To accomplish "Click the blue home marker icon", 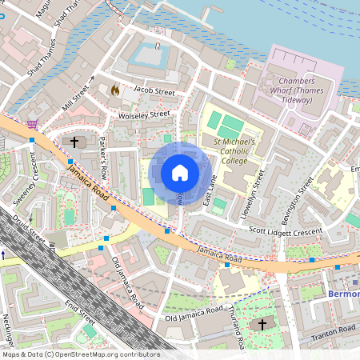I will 179,173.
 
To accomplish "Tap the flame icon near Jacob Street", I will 114,90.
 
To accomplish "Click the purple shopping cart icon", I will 31,124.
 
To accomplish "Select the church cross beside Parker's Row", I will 74,142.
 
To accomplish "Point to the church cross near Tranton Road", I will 262,324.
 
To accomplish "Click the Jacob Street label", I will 154,92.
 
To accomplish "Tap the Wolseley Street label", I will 144,114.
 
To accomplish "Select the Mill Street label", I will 78,93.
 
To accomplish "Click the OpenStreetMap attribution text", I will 81,354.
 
